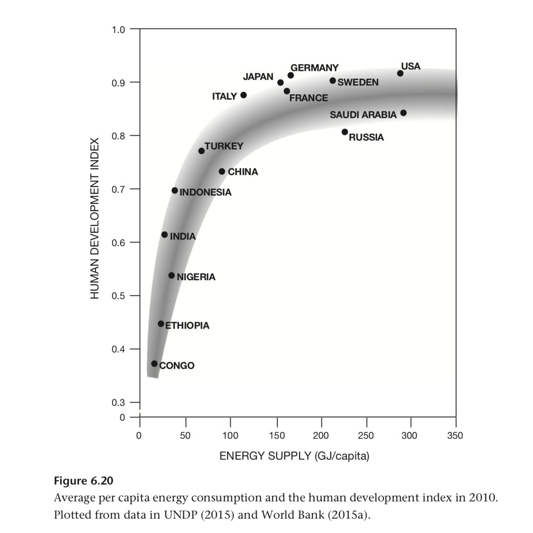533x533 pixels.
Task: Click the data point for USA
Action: [400, 73]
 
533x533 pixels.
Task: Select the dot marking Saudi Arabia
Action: [403, 113]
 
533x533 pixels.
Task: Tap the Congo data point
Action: [154, 364]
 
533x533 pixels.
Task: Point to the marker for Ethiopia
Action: [161, 323]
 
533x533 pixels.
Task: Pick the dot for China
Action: [222, 171]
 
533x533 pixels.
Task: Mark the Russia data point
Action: [344, 132]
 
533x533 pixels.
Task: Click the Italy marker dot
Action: [243, 95]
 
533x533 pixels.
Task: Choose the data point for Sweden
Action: [332, 81]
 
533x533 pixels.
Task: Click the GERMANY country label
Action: [314, 68]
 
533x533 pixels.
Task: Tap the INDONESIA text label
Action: [205, 192]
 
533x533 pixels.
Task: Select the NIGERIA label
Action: [196, 277]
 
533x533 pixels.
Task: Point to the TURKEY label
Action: [224, 146]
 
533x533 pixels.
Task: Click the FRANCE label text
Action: [308, 98]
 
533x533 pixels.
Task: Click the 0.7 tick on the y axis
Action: [118, 189]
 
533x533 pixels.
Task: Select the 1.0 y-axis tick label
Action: [118, 29]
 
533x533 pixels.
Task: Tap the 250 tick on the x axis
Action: [366, 435]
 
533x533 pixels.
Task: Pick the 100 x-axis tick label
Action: [230, 435]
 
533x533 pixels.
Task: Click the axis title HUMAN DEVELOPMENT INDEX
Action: [94, 218]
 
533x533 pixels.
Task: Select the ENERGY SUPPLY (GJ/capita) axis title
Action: [294, 456]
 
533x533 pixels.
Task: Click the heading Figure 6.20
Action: [84, 481]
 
